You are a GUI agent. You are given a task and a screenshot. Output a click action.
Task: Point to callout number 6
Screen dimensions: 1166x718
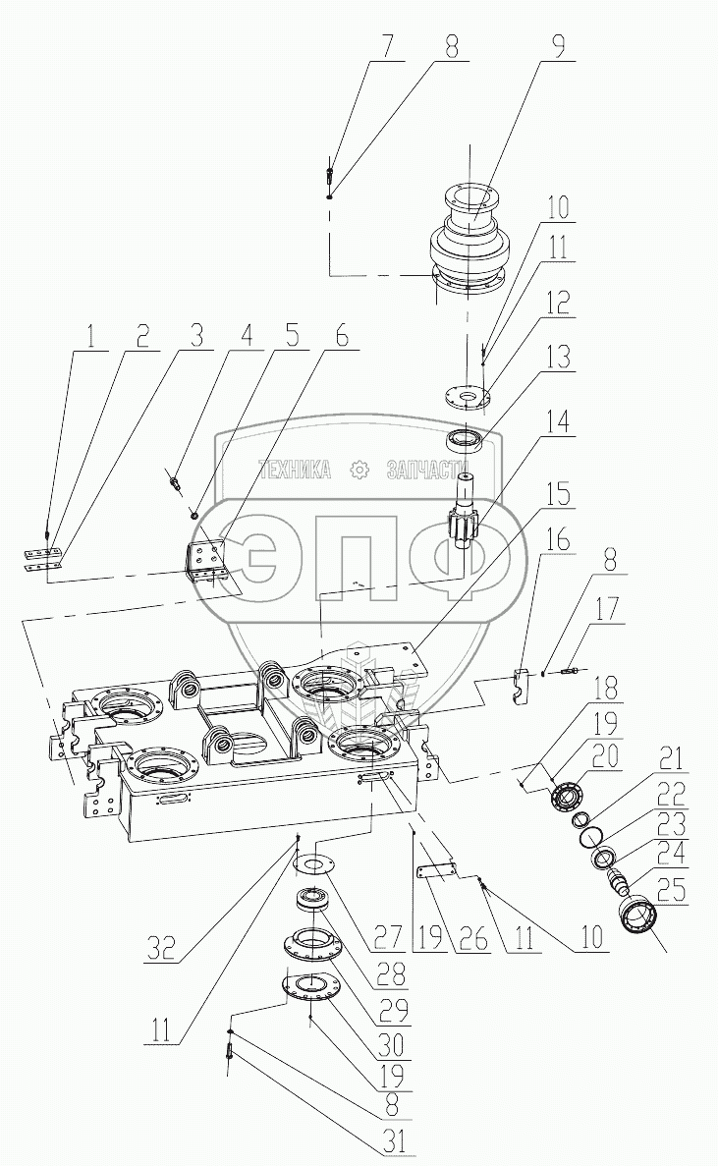tap(340, 337)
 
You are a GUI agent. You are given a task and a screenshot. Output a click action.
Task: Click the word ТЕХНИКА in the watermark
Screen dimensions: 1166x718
tap(294, 470)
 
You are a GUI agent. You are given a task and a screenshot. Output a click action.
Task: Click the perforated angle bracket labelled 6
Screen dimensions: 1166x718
tap(208, 565)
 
